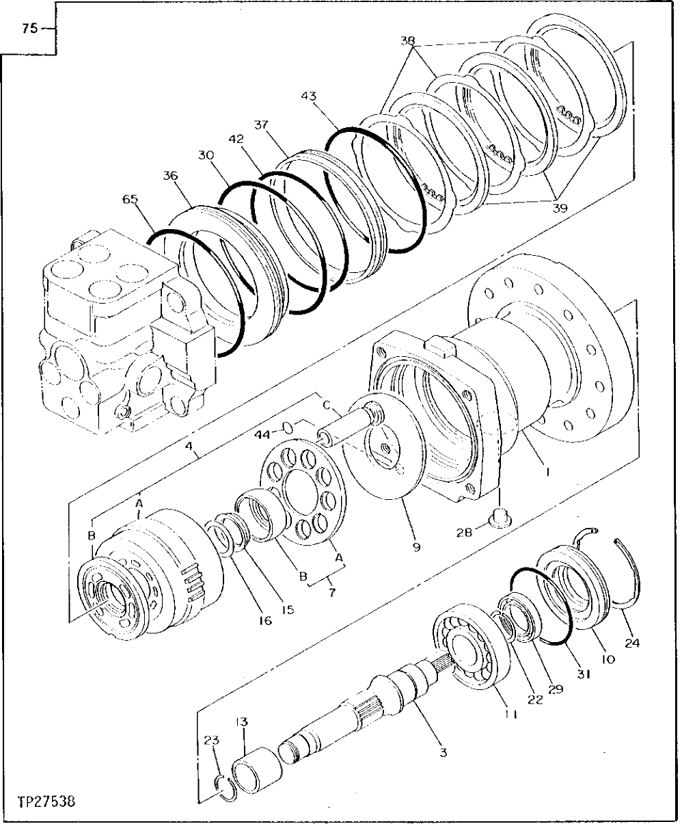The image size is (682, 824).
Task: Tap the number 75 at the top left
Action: click(29, 29)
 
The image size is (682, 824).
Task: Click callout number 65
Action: click(130, 199)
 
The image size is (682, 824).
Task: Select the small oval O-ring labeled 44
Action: click(289, 428)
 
